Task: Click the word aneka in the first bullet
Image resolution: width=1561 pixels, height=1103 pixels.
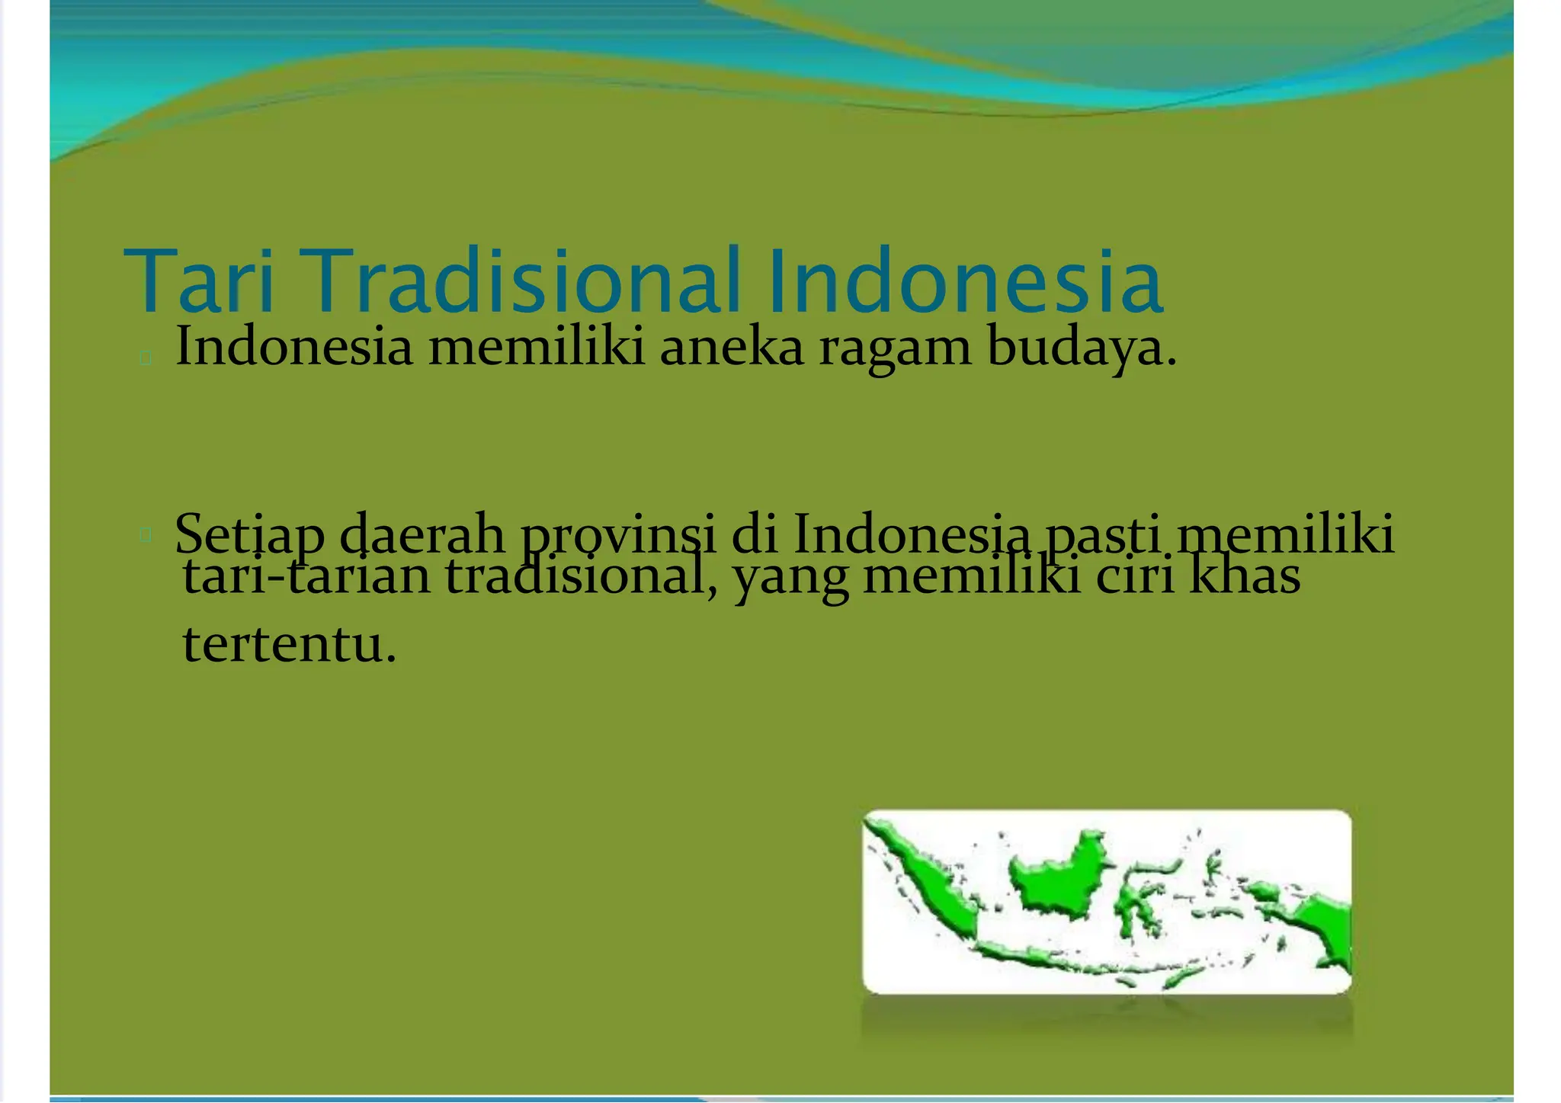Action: pos(732,348)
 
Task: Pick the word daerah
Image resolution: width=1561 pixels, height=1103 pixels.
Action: pos(422,535)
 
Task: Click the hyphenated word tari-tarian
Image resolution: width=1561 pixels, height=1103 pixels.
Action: pos(307,576)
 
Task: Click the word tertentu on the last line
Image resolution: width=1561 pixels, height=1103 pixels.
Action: pos(290,645)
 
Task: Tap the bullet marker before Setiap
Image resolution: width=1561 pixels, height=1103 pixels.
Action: pos(146,536)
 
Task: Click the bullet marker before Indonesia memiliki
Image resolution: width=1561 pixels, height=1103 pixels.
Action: pos(146,357)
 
